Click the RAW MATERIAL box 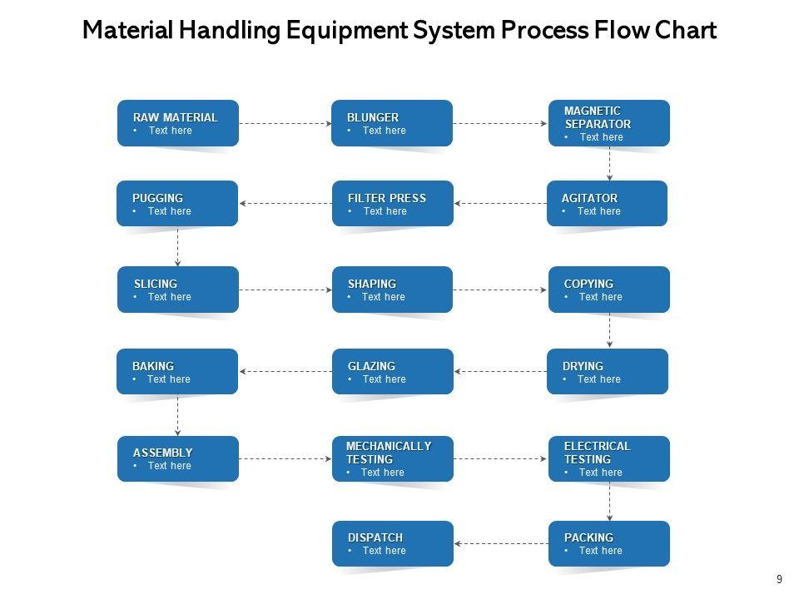click(x=177, y=123)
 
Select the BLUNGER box click(x=391, y=123)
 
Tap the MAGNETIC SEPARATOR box click(x=608, y=123)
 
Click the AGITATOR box click(x=607, y=203)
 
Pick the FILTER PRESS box click(x=392, y=203)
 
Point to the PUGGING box click(x=177, y=203)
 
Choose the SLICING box click(x=177, y=290)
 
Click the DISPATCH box click(x=392, y=543)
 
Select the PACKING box click(x=608, y=543)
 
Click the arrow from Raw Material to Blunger click(x=285, y=123)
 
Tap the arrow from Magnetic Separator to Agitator click(x=609, y=163)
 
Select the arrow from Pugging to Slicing click(x=177, y=246)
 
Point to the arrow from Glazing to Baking click(x=285, y=371)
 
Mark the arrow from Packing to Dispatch click(x=500, y=543)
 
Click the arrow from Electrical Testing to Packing click(x=609, y=501)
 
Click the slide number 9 click(x=779, y=580)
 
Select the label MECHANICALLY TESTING click(x=389, y=453)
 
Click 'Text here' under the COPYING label click(x=600, y=297)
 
